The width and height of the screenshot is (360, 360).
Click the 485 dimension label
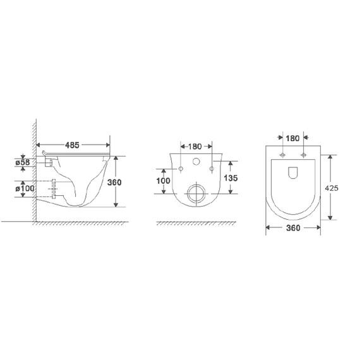click(72, 145)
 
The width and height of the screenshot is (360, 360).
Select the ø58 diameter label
click(23, 162)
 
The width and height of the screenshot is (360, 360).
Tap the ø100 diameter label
click(25, 189)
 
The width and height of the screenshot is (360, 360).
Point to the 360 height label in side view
click(114, 183)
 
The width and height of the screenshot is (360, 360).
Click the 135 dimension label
click(231, 178)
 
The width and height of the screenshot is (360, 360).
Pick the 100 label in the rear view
click(163, 181)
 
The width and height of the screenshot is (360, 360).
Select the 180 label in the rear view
click(195, 147)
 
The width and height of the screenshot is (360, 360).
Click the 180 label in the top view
click(292, 138)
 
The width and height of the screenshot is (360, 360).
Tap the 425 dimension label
click(332, 188)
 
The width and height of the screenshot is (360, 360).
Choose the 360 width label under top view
click(293, 228)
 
